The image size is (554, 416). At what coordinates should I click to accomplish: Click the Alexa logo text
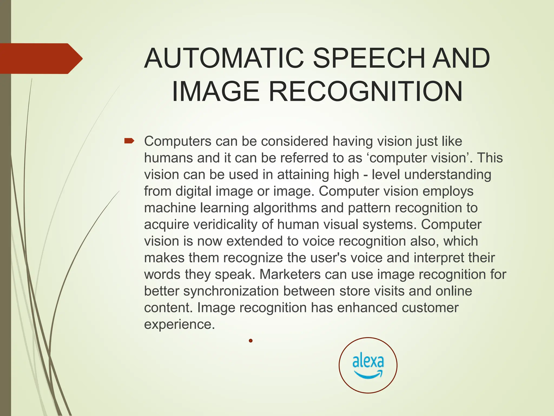tap(368, 361)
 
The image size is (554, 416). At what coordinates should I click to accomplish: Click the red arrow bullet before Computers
tap(129, 141)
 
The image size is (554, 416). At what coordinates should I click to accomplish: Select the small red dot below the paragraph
tap(251, 340)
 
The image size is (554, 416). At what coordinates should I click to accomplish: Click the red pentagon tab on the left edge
tap(41, 58)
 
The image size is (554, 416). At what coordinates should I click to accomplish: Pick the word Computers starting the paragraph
tap(177, 141)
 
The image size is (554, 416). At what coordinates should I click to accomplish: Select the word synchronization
tap(231, 291)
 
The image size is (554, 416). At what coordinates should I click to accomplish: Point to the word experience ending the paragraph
tap(179, 324)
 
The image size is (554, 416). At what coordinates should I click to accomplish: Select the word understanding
tap(448, 174)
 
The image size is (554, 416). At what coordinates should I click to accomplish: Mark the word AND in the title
tap(461, 58)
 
